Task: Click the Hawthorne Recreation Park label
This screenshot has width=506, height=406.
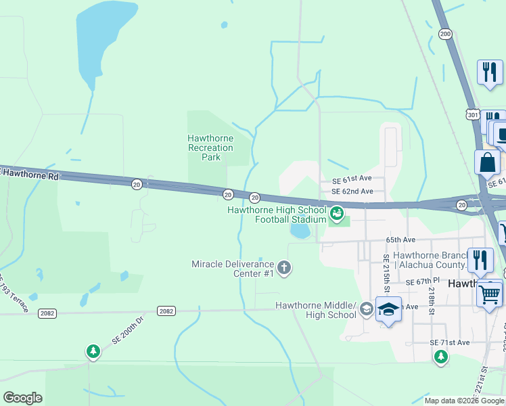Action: [x=210, y=148]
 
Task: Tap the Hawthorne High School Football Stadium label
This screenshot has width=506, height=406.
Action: [x=277, y=215]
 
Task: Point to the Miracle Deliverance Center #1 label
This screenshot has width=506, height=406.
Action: [x=233, y=269]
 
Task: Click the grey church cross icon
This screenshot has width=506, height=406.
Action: [x=284, y=268]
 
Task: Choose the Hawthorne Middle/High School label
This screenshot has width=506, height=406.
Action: [x=315, y=310]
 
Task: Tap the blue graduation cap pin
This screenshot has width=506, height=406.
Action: [x=388, y=309]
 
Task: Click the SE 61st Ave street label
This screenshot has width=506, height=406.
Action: [x=352, y=179]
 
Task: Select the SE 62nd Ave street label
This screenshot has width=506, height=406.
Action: [x=352, y=191]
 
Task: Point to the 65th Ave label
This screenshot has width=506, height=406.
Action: [x=400, y=240]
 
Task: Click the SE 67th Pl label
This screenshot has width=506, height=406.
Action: [x=423, y=281]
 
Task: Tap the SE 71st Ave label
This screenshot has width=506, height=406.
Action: [x=450, y=343]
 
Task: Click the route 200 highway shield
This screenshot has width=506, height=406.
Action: [x=444, y=34]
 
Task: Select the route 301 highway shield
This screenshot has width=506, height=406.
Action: [x=473, y=116]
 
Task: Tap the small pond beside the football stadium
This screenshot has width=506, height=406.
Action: [x=300, y=231]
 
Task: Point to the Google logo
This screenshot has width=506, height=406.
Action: [x=23, y=398]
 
